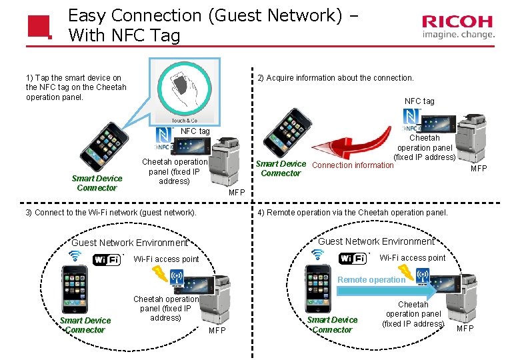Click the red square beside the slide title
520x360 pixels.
pos(40,27)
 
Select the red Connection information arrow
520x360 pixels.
pos(352,143)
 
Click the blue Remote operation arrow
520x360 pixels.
pos(387,291)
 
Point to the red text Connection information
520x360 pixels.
pos(353,165)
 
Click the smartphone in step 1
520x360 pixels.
pos(104,147)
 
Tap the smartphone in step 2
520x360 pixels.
pos(287,133)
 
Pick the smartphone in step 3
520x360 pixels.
pos(75,289)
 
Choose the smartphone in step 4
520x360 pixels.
pos(318,289)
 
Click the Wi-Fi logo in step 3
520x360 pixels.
pos(107,259)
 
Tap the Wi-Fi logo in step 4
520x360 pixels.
pos(353,258)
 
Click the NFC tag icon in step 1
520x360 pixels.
pos(164,139)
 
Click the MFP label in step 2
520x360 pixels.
pos(479,169)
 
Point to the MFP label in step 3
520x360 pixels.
pos(217,330)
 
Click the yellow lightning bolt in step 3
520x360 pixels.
pos(160,274)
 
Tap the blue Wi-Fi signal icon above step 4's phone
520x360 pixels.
pos(317,255)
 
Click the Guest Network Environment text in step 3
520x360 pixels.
pos(130,243)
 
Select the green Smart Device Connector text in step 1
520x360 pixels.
pos(97,183)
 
